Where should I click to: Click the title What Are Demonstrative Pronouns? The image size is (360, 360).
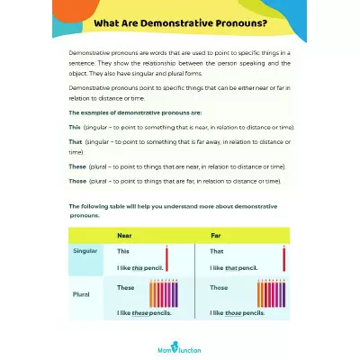(180, 23)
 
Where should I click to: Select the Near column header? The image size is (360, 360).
(124, 235)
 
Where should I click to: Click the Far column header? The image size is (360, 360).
(216, 235)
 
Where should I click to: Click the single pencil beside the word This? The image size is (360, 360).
(167, 259)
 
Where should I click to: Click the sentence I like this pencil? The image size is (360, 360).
(143, 268)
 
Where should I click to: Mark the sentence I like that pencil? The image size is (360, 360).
(234, 268)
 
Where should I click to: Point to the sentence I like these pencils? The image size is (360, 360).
(144, 313)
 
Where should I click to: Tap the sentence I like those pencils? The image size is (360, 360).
(237, 313)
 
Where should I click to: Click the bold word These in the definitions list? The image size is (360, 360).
(77, 166)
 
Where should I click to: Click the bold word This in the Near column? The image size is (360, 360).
(123, 251)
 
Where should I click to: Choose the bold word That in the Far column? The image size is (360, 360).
(217, 251)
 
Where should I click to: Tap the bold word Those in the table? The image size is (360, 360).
(219, 288)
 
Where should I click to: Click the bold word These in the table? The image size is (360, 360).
(126, 288)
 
